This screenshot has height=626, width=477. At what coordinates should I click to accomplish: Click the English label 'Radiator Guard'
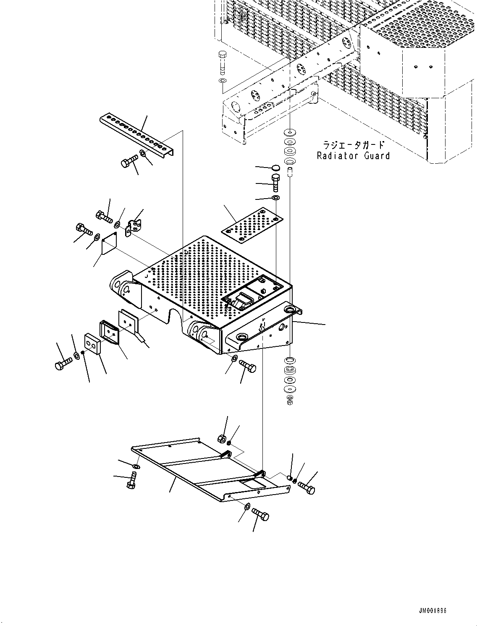pos(353,156)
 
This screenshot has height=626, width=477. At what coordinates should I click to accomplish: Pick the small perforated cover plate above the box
pos(252,225)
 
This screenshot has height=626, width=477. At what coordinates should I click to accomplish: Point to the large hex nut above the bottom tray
pos(221,439)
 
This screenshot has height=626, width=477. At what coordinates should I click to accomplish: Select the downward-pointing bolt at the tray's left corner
pos(131,481)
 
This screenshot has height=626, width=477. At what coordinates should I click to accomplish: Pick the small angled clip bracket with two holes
pos(133,227)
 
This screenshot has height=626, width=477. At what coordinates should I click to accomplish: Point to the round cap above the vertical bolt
pos(275,168)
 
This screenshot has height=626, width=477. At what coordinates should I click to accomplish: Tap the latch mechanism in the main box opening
pos(241,300)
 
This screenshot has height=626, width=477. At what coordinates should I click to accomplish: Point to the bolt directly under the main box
pos(248,367)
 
